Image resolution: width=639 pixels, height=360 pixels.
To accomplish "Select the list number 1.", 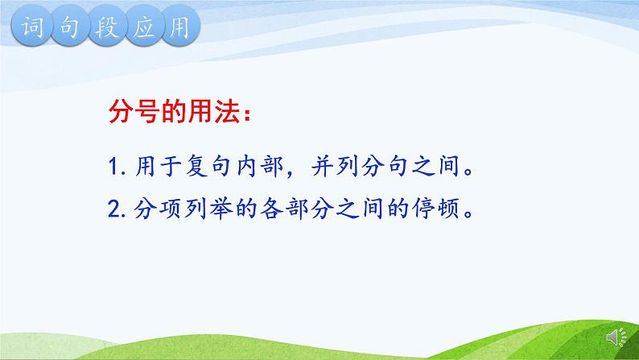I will click(113, 169).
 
